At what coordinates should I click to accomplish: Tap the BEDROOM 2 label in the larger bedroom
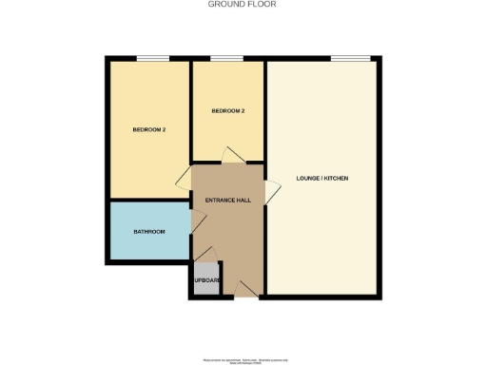(149, 129)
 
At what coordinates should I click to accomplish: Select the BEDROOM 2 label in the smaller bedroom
(228, 111)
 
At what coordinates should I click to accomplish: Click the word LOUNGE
(308, 179)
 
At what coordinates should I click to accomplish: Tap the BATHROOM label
(149, 232)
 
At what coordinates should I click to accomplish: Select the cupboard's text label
(207, 280)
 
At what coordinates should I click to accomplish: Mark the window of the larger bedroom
(152, 59)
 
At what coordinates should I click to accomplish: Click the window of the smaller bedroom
(226, 59)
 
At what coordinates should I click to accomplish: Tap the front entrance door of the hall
(244, 288)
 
